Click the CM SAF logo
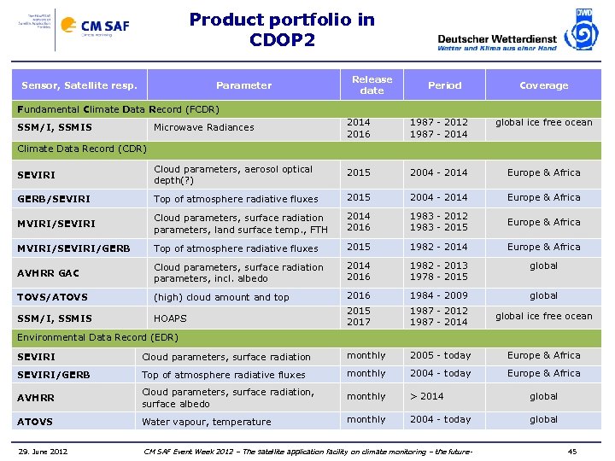pyautogui.click(x=104, y=27)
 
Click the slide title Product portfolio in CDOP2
pyautogui.click(x=282, y=29)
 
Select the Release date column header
pyautogui.click(x=372, y=85)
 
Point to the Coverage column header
pyautogui.click(x=543, y=85)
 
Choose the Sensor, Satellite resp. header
pyautogui.click(x=79, y=85)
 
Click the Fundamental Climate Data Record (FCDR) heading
pyautogui.click(x=119, y=109)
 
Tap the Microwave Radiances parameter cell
pyautogui.click(x=203, y=127)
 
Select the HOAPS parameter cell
pyautogui.click(x=170, y=318)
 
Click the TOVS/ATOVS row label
pyautogui.click(x=52, y=297)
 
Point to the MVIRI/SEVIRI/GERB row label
pyautogui.click(x=73, y=248)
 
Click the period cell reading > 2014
pyautogui.click(x=426, y=396)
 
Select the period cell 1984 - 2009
pyautogui.click(x=438, y=295)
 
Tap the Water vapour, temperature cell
pyautogui.click(x=206, y=422)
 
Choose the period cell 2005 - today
pyautogui.click(x=440, y=355)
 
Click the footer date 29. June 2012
pyautogui.click(x=44, y=451)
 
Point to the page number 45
pyautogui.click(x=572, y=451)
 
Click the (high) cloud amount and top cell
pyautogui.click(x=221, y=297)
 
